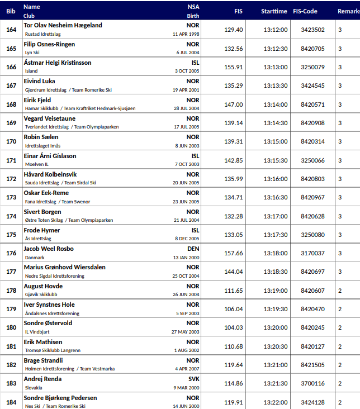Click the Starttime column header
pyautogui.click(x=274, y=11)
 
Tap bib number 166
pyautogui.click(x=11, y=67)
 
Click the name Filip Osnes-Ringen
pyautogui.click(x=49, y=44)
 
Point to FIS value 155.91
pyautogui.click(x=233, y=67)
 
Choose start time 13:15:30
pyautogui.click(x=275, y=160)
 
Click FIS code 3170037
pyautogui.click(x=312, y=253)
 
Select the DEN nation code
pyautogui.click(x=193, y=249)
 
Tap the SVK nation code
pyautogui.click(x=193, y=379)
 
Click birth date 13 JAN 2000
pyautogui.click(x=185, y=258)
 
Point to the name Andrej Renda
pyautogui.click(x=42, y=379)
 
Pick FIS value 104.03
pyautogui.click(x=233, y=327)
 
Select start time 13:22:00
pyautogui.click(x=275, y=402)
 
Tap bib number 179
pyautogui.click(x=11, y=309)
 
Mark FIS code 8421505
pyautogui.click(x=312, y=365)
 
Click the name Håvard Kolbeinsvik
pyautogui.click(x=50, y=174)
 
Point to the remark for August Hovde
pyautogui.click(x=340, y=291)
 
